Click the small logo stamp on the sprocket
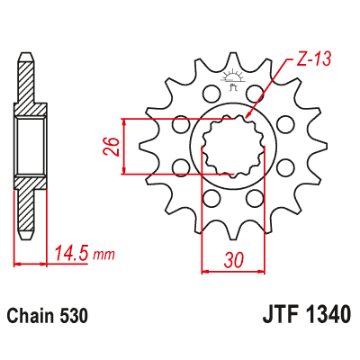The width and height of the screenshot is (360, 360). click(234, 88)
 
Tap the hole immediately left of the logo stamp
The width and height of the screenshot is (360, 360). click(211, 91)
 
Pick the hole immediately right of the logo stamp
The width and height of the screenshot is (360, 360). click(260, 93)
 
